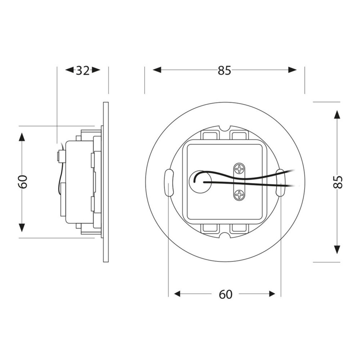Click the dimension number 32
[x=82, y=71]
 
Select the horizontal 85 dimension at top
[x=224, y=71]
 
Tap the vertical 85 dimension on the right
[x=337, y=182]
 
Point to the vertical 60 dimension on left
[x=22, y=182]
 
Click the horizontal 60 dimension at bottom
[x=225, y=294]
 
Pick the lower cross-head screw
[x=239, y=195]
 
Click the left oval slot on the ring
[x=168, y=182]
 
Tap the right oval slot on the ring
[x=281, y=182]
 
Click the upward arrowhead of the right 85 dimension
[x=337, y=115]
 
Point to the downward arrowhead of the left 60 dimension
[x=22, y=227]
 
